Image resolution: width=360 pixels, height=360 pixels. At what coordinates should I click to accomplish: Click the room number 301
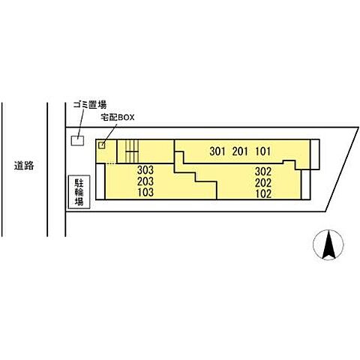tap(217, 151)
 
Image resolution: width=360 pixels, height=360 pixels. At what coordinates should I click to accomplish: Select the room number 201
tap(240, 151)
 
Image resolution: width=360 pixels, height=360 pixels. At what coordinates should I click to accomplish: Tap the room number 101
tap(262, 151)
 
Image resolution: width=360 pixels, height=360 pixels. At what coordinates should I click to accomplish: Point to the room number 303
tap(145, 170)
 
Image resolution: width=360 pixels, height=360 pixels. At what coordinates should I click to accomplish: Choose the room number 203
tap(145, 181)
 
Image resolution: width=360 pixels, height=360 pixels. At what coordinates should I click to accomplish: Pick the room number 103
tap(145, 193)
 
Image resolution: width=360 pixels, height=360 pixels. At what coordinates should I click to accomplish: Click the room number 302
tap(263, 172)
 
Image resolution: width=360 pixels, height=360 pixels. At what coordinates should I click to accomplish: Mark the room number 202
tap(263, 183)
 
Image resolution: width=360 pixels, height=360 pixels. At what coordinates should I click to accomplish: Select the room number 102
tap(263, 194)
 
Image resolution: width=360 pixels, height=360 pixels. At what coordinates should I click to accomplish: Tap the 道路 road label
tap(24, 166)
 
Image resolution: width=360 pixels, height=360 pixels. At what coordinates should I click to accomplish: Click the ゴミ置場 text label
tap(90, 105)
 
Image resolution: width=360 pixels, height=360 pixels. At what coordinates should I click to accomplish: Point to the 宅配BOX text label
tap(118, 117)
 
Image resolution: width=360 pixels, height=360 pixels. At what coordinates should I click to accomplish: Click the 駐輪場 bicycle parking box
tap(79, 192)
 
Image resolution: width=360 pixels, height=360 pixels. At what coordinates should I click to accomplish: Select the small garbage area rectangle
tap(77, 140)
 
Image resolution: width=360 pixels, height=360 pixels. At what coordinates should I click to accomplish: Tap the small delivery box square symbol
tap(102, 145)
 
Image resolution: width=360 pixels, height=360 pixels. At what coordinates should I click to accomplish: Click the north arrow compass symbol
tap(328, 244)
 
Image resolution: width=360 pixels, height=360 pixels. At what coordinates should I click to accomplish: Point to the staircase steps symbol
tap(132, 151)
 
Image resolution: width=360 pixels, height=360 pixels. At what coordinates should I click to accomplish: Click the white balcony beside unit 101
tap(315, 154)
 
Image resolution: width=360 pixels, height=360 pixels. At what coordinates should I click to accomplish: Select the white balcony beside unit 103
tap(100, 181)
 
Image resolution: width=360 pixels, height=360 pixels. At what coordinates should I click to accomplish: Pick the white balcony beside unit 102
tap(305, 184)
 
